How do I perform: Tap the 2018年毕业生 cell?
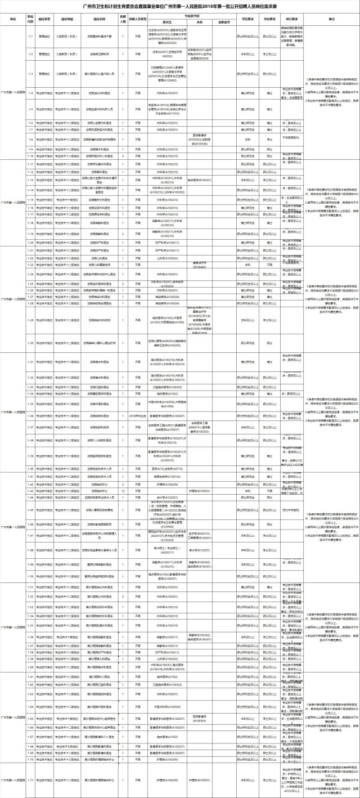(x=138, y=415)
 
